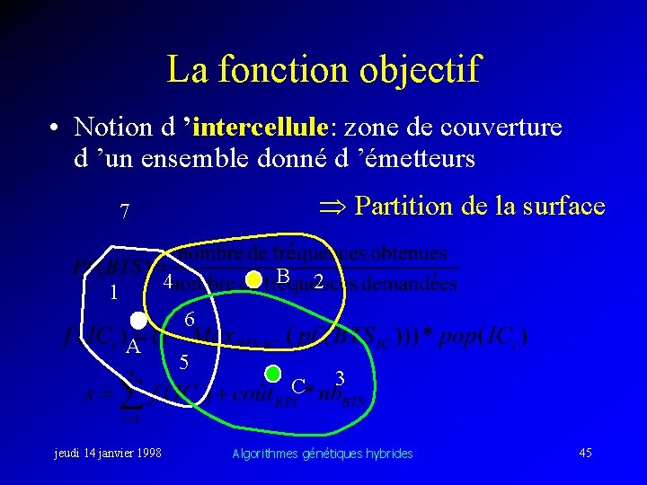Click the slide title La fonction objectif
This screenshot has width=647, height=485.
click(x=323, y=69)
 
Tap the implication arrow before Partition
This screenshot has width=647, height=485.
click(x=332, y=207)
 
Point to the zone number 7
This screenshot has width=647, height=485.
click(x=125, y=212)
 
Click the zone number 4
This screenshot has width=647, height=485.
click(x=167, y=282)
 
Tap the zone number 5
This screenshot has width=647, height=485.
click(x=183, y=363)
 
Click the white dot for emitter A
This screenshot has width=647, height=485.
click(x=137, y=321)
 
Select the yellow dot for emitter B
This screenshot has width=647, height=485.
click(x=253, y=280)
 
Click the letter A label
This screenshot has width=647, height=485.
click(x=132, y=348)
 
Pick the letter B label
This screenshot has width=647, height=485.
click(x=282, y=276)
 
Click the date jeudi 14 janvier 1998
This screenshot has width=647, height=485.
click(x=109, y=453)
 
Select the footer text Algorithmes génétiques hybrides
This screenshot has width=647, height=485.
click(x=322, y=454)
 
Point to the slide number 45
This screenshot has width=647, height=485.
click(x=585, y=453)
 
